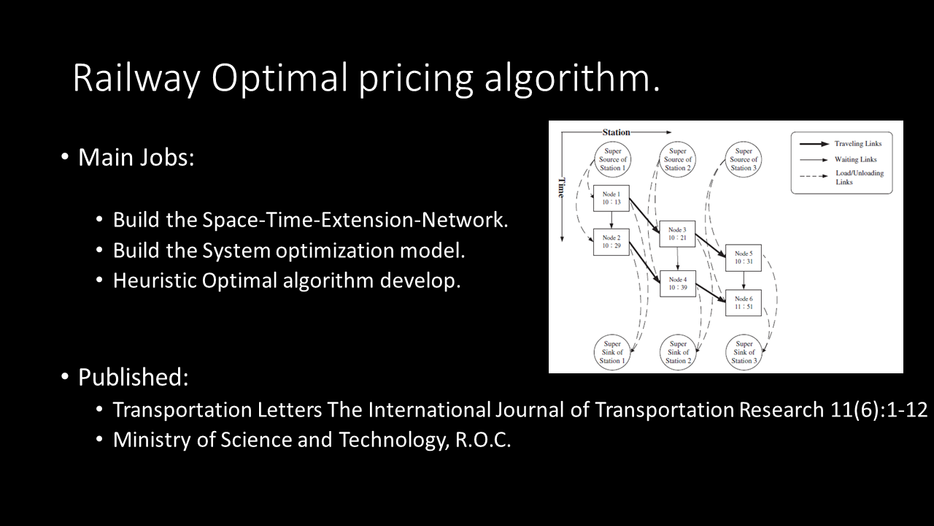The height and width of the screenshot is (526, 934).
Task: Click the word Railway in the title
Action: click(x=136, y=78)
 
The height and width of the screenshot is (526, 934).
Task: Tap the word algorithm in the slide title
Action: click(x=571, y=77)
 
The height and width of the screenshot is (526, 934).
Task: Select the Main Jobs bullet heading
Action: click(x=136, y=157)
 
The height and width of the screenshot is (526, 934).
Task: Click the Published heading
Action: click(x=133, y=377)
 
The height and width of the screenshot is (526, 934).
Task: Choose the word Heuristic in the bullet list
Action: click(x=155, y=280)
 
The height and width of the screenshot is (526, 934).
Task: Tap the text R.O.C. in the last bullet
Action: click(x=483, y=440)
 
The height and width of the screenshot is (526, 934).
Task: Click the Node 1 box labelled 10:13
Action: click(x=611, y=198)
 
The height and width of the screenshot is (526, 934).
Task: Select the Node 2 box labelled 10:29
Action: click(x=611, y=242)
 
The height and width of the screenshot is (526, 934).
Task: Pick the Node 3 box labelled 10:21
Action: click(x=677, y=234)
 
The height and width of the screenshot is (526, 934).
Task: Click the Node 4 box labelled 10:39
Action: click(x=678, y=283)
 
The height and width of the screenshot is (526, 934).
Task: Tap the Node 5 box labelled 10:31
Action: click(x=744, y=258)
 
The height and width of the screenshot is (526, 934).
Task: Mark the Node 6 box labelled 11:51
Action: click(x=744, y=302)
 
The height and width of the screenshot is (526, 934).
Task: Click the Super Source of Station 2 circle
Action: click(x=678, y=160)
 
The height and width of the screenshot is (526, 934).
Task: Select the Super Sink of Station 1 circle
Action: click(x=611, y=353)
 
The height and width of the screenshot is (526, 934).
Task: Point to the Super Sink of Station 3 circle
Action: click(x=744, y=353)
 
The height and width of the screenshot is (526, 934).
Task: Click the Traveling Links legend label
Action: click(x=858, y=144)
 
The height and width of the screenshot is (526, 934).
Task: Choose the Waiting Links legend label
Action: click(x=856, y=159)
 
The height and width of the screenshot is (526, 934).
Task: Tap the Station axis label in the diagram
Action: click(x=616, y=132)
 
